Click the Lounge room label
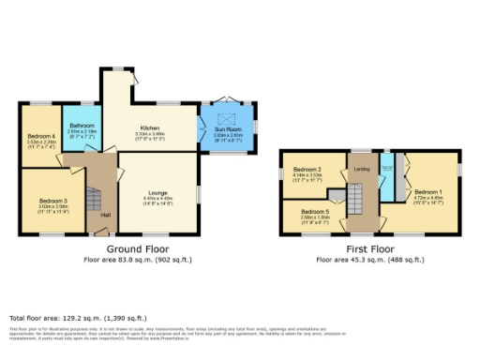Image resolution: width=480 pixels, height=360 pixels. point(157,193)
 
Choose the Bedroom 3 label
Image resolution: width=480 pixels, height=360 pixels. point(52,201)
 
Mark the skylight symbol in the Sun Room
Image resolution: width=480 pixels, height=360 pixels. point(226,117)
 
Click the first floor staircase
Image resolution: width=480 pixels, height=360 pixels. point(356,200)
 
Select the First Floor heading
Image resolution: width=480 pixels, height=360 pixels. point(368,248)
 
